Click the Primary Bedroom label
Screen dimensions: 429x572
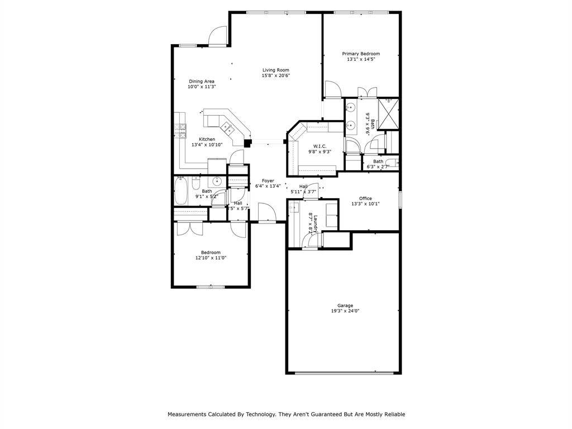[x=361, y=54]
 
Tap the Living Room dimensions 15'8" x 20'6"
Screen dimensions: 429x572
[x=276, y=75]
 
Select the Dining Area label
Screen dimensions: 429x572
[x=201, y=81]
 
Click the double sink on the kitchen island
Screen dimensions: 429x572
[x=227, y=128]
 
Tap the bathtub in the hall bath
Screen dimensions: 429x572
[x=182, y=191]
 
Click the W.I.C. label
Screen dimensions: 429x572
[x=312, y=146]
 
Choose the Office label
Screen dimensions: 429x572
[x=365, y=198]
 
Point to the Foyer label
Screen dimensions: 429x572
[x=268, y=180]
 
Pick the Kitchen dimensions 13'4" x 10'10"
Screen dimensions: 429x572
[x=207, y=145]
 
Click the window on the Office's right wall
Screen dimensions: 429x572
[x=399, y=199]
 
